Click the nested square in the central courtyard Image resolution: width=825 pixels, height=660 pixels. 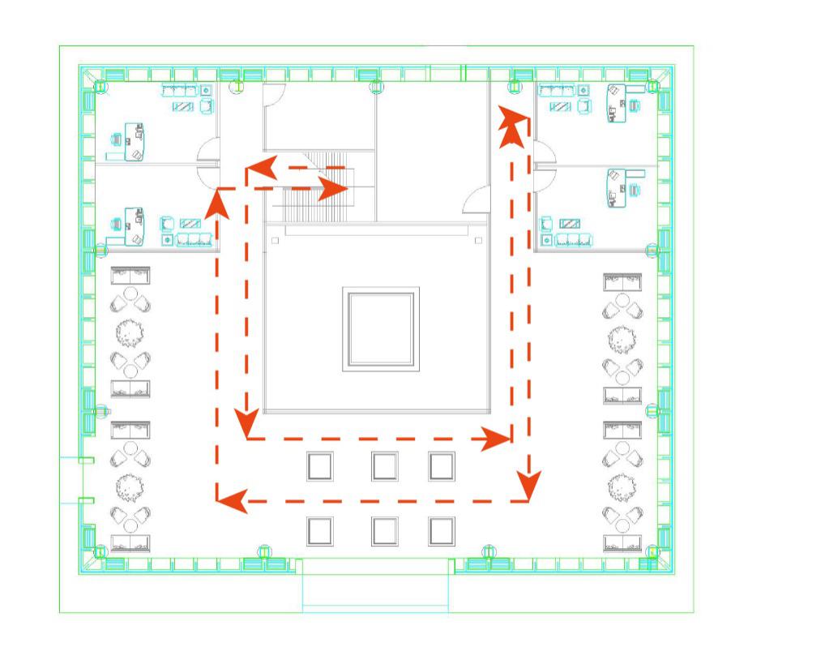point(381,328)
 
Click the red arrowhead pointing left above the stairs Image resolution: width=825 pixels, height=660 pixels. point(258,169)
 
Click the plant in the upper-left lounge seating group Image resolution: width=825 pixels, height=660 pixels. point(130,332)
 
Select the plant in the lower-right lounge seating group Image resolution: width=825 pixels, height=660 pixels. point(622,486)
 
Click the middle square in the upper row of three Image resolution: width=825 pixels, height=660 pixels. point(384,466)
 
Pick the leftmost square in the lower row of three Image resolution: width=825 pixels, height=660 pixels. point(320,531)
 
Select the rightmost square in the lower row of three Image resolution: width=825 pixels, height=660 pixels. point(442,531)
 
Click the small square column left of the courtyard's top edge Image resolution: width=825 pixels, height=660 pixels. point(276,240)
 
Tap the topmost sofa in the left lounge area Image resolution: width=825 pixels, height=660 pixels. point(130,275)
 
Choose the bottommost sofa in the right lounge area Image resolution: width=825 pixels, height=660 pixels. point(622,543)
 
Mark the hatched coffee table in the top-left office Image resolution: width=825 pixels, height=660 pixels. point(183,106)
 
